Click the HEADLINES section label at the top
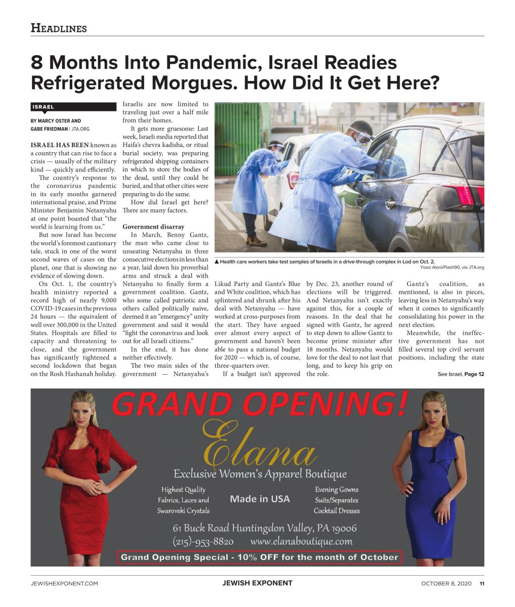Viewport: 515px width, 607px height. [59, 28]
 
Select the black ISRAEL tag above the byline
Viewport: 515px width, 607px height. [73, 107]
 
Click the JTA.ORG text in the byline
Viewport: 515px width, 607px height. [80, 129]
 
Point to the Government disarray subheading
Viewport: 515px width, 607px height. [153, 227]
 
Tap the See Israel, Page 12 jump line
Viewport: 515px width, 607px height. [460, 374]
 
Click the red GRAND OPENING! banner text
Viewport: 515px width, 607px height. [259, 405]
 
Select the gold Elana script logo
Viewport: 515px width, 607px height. [259, 445]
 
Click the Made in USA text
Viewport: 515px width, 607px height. [260, 499]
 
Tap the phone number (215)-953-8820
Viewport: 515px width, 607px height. [203, 542]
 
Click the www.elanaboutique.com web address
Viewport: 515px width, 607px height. [301, 542]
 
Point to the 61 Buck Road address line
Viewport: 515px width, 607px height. [265, 528]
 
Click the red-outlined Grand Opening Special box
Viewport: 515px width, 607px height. [260, 557]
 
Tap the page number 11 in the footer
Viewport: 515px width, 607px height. [482, 583]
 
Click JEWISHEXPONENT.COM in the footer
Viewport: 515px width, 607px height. [64, 583]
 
